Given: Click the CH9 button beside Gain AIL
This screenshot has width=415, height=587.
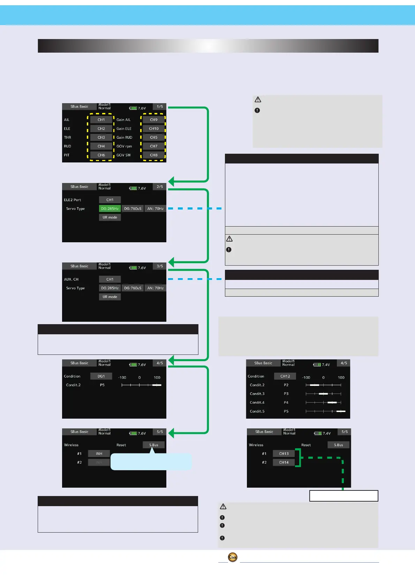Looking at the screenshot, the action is click(153, 120).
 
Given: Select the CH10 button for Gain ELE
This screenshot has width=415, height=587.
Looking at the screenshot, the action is click(153, 129).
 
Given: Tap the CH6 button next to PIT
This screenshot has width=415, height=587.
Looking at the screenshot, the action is click(101, 155).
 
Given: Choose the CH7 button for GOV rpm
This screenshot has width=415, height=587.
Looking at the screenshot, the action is click(153, 146).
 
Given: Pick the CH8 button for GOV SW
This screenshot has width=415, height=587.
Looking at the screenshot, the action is click(153, 155).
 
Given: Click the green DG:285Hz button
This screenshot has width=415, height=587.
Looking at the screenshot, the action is click(110, 208).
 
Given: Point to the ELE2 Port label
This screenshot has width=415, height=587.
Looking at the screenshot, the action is click(73, 200).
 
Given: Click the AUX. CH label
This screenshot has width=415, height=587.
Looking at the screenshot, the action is click(71, 279).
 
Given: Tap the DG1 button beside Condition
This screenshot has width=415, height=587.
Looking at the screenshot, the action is click(101, 376).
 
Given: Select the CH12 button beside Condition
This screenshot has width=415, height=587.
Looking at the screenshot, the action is click(285, 376).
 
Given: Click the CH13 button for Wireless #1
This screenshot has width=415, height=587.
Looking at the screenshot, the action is click(284, 453).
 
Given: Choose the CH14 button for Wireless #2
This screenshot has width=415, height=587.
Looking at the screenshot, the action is click(284, 462).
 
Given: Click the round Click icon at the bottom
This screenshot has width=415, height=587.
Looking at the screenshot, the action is click(233, 557).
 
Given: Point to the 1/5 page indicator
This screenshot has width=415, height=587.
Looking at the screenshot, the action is click(160, 107).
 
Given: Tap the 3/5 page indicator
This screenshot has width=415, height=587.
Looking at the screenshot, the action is click(160, 266).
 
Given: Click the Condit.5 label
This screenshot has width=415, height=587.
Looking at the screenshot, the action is click(257, 411).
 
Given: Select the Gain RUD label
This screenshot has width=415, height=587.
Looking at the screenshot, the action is click(124, 137).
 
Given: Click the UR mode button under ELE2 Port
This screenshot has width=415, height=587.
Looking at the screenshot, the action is click(110, 217).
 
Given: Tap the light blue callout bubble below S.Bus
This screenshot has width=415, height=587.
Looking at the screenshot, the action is click(151, 462).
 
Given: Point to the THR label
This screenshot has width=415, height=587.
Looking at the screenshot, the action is click(67, 137).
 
